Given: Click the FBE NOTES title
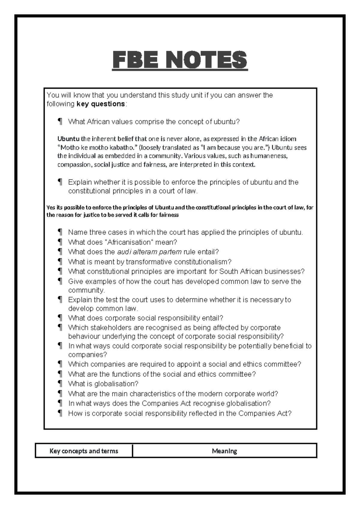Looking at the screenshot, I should click(x=180, y=60).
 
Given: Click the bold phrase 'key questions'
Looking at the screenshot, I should click(x=101, y=104).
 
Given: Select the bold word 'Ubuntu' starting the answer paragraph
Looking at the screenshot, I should click(x=68, y=139).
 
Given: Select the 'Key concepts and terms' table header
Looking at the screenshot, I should click(x=84, y=451).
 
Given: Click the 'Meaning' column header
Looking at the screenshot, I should click(x=224, y=451).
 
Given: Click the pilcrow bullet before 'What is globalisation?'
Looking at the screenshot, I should click(x=60, y=384).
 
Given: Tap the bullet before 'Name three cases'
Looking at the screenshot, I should click(x=60, y=232).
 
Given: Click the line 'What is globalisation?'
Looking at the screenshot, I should click(x=103, y=384).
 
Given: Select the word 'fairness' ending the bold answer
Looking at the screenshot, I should click(x=168, y=215).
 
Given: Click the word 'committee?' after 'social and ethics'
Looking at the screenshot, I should click(x=283, y=364).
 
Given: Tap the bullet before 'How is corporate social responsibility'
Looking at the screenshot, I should click(x=60, y=414).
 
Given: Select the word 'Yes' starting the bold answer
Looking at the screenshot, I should click(x=50, y=207).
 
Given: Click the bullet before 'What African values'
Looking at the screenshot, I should click(x=60, y=122).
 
